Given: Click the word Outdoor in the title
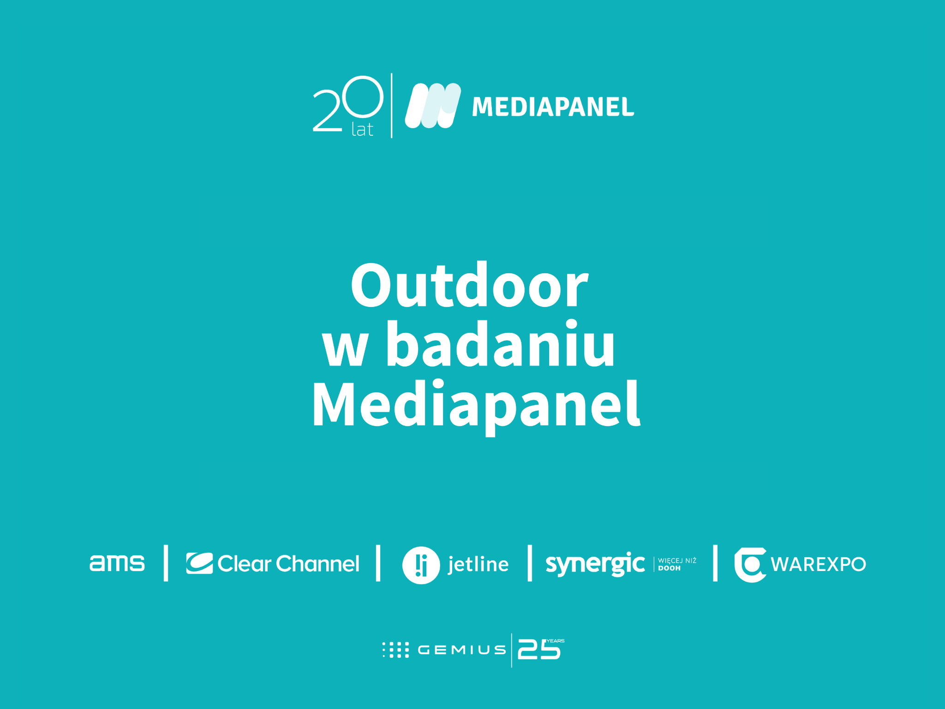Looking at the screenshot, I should point(469,286).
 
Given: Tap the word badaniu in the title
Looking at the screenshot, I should point(500,345).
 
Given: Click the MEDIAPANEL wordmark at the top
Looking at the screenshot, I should point(553,107).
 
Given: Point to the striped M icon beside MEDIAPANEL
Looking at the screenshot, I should point(432,106).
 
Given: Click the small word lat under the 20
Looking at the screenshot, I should point(362,130).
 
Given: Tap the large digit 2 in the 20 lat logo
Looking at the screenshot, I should point(328,111).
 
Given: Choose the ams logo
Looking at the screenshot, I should point(117,563).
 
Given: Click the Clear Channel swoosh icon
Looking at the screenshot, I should point(199,563).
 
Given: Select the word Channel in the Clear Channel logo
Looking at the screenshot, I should point(317,564).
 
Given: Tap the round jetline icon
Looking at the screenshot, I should point(421,565).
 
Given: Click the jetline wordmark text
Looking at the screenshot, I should point(478,565).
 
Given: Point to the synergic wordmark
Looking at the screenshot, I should point(595,564).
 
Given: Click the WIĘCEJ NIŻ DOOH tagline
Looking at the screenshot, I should point(676,564).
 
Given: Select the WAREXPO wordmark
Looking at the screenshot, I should point(818,565).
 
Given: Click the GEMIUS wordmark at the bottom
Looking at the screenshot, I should point(461,650).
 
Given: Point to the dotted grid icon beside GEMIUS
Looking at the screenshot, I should point(395,650).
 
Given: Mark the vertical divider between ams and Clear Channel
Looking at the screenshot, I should point(166,563).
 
